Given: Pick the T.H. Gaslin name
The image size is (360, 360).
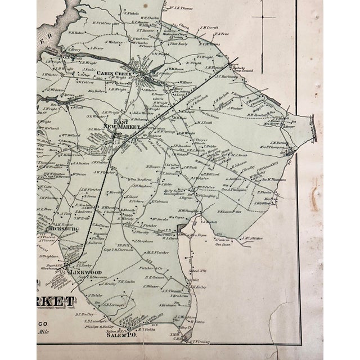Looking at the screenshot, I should tap(127, 281).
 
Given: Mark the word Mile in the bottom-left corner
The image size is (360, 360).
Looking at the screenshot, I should tap(43, 332).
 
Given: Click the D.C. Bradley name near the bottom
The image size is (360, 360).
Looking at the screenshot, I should tap(82, 314).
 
